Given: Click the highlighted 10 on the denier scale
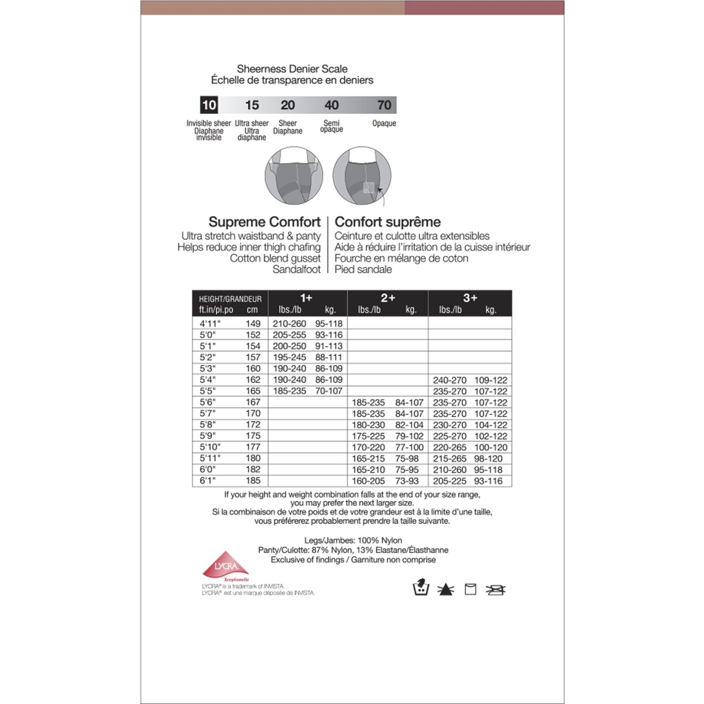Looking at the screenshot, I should (209, 105).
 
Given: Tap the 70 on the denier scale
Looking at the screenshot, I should (384, 105).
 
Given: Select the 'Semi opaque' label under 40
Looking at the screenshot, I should (331, 126).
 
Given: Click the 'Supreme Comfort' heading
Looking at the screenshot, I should (265, 222).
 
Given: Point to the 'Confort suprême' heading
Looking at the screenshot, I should (388, 222).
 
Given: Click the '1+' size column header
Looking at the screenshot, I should (306, 298).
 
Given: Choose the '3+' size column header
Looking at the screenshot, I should (470, 298).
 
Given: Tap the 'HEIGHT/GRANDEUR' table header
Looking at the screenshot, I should (230, 299).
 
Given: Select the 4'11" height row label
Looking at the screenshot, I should (209, 324).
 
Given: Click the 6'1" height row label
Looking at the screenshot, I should (208, 480).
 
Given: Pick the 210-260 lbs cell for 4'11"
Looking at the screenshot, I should (289, 324).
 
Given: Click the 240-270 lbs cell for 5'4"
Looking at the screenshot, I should (450, 380).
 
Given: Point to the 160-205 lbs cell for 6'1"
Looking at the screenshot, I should (368, 481).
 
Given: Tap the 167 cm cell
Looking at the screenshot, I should (253, 402).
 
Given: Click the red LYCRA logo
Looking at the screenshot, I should (225, 567).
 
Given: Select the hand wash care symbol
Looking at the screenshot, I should (421, 588).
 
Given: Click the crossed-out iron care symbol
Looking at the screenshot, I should (496, 589).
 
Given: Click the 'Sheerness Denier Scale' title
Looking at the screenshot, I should (292, 69).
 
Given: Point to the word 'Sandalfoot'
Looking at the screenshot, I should (296, 269).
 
